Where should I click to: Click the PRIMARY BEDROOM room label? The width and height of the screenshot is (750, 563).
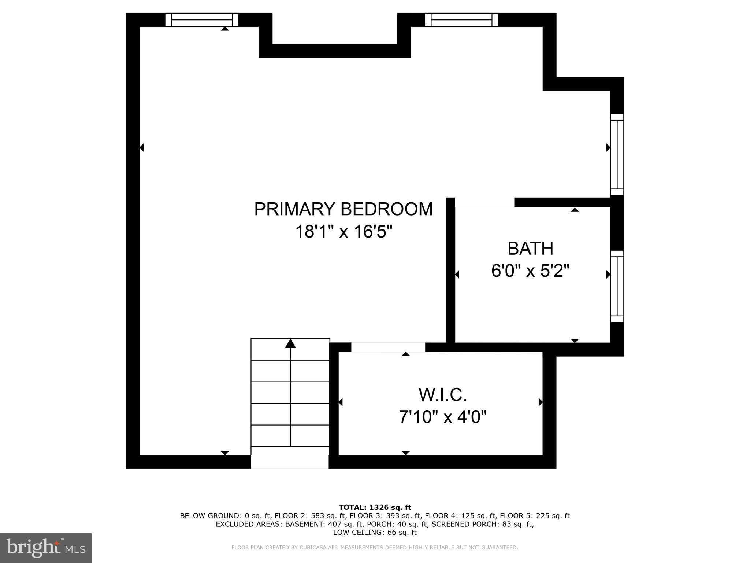[x=343, y=209]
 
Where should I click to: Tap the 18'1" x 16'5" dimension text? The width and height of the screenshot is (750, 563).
[x=343, y=232]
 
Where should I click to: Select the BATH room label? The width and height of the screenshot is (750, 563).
[x=530, y=249]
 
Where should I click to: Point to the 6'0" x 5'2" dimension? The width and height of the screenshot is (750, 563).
[x=530, y=272]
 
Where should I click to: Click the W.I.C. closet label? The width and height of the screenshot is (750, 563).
[x=442, y=395]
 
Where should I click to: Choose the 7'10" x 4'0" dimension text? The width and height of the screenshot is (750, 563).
[x=442, y=417]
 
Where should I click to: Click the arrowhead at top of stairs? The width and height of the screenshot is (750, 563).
[x=290, y=343]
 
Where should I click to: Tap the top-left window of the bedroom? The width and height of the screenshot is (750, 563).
[x=202, y=19]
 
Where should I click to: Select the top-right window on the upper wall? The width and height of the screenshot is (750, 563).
[x=461, y=19]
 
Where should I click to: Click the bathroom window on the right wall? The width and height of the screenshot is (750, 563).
[x=617, y=286]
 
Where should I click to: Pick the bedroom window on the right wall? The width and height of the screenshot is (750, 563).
[x=617, y=155]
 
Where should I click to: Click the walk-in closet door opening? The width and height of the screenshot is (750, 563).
[x=388, y=347]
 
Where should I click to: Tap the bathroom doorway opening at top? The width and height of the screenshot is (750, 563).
[x=484, y=202]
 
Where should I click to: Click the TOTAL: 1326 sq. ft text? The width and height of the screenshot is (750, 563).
[x=375, y=508]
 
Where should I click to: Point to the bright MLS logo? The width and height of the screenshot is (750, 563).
[x=45, y=548]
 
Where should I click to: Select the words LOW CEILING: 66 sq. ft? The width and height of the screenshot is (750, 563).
[x=375, y=533]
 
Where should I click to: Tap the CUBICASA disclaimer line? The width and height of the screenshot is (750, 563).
[x=375, y=548]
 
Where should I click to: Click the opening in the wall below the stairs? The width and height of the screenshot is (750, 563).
[x=290, y=461]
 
